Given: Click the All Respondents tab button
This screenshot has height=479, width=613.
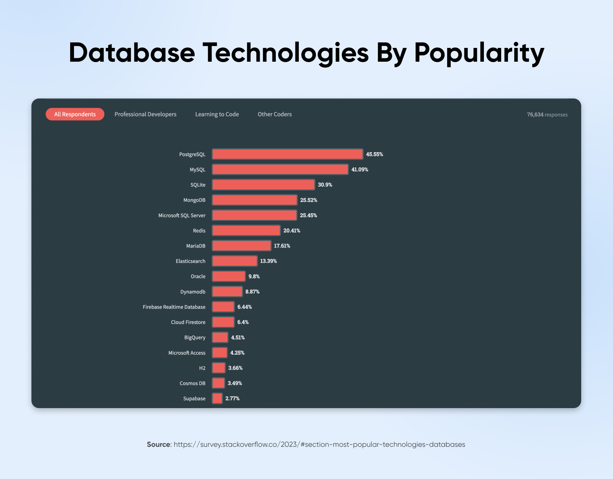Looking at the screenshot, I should [x=75, y=114].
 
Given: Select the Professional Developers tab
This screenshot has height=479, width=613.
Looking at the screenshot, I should [x=145, y=114].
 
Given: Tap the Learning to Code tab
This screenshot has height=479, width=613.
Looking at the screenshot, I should [x=217, y=114].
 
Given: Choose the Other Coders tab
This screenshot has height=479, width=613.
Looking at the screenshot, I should [x=274, y=114].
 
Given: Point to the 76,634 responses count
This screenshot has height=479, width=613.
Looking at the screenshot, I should [x=547, y=115].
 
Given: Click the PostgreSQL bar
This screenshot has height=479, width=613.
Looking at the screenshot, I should [x=287, y=154].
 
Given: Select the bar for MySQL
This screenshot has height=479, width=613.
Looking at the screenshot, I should [x=280, y=169].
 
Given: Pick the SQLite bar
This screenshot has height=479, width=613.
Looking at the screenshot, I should [x=263, y=185].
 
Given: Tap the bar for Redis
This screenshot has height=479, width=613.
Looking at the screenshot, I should [x=246, y=231].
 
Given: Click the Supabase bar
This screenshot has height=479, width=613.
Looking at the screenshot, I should [x=217, y=399].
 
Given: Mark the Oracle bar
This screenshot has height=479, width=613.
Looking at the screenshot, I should [x=229, y=276].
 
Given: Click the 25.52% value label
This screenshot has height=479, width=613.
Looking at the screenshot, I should [x=308, y=200].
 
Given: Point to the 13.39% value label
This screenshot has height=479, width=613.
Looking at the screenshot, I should [x=268, y=261].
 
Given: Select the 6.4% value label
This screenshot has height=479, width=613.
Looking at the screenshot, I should [x=243, y=322].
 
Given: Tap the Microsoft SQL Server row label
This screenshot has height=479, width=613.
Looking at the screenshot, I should [x=182, y=215].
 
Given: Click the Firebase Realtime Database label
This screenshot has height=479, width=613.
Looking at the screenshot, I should [x=174, y=307].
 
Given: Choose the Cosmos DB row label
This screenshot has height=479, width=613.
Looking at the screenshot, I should [x=192, y=383].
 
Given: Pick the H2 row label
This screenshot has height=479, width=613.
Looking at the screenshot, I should [x=202, y=368].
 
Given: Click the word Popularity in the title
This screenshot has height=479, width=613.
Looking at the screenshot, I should [x=479, y=53].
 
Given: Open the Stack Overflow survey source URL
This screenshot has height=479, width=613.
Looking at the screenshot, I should [x=319, y=445].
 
